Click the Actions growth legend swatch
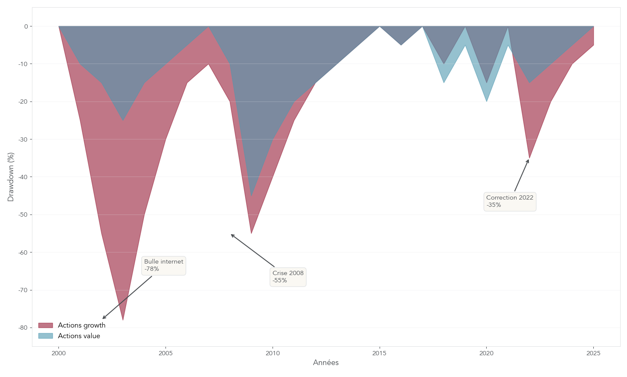(x=46, y=325)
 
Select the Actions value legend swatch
(x=46, y=336)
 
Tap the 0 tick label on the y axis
(x=26, y=26)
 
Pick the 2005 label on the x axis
(x=165, y=353)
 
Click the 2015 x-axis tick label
(x=379, y=353)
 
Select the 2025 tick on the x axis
(x=593, y=353)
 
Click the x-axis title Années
(x=326, y=363)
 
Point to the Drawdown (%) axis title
(x=11, y=177)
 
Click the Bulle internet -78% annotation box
(x=164, y=266)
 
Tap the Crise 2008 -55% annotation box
(x=288, y=277)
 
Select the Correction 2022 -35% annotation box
(x=510, y=201)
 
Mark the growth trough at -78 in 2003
(x=123, y=320)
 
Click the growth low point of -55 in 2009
(x=251, y=233)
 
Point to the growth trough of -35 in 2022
(x=529, y=158)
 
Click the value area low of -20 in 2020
(x=487, y=101)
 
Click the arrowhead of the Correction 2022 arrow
(x=528, y=160)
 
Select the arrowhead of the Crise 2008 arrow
(x=231, y=234)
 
